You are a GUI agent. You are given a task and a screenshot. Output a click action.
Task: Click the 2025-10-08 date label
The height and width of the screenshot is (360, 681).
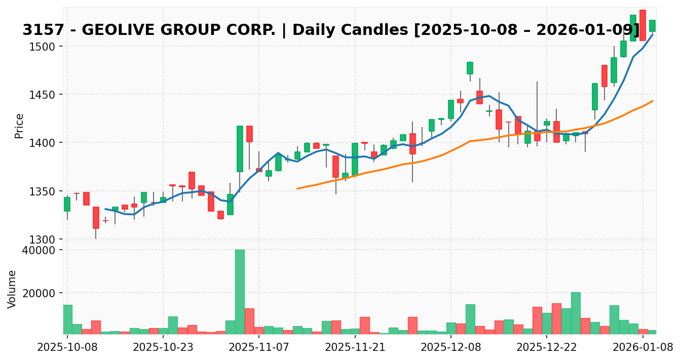click(x=67, y=348)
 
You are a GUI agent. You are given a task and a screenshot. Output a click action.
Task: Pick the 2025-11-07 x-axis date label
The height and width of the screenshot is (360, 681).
click(x=259, y=348)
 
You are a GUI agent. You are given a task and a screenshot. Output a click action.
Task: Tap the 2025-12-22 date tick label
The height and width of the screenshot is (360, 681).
click(x=547, y=348)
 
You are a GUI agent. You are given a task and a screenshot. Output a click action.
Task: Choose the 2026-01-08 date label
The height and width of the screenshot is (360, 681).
click(x=642, y=348)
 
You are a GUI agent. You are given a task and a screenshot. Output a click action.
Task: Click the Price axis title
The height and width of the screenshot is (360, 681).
click(x=19, y=126)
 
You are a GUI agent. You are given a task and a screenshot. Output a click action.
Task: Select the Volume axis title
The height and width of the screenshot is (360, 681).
click(x=12, y=289)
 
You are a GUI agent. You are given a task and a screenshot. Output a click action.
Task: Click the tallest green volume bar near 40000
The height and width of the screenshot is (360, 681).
click(x=240, y=292)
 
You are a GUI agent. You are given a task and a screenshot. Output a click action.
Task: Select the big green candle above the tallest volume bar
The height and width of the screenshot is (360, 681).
click(x=240, y=148)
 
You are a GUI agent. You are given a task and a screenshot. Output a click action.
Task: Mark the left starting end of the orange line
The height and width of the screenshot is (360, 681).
click(x=297, y=189)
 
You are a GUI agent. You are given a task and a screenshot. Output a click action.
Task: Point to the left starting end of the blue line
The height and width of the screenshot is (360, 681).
click(x=105, y=209)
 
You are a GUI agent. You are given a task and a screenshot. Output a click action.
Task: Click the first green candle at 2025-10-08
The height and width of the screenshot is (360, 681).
click(x=67, y=204)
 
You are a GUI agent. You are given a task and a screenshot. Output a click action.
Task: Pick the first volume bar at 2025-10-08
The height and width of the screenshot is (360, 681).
click(x=67, y=319)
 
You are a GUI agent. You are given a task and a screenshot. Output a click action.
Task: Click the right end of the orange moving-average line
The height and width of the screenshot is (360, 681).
click(x=652, y=101)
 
